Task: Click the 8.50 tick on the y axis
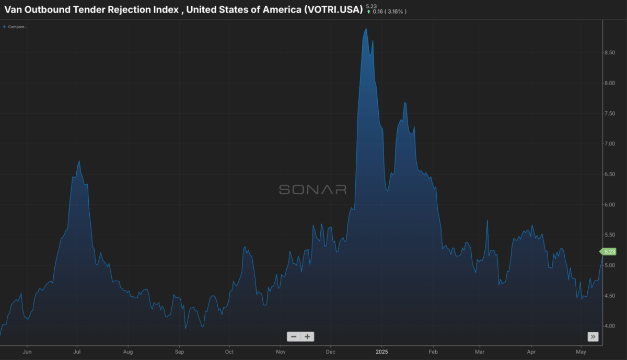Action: tap(610, 53)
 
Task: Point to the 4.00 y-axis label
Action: tap(610, 326)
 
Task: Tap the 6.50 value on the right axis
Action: tap(610, 174)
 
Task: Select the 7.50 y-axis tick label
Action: tap(610, 113)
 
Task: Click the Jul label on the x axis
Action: tap(77, 352)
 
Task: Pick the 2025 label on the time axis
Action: tap(382, 352)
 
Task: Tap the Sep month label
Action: tap(179, 352)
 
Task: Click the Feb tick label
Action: tap(433, 352)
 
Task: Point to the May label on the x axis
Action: tap(581, 352)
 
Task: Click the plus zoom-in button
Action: tap(307, 336)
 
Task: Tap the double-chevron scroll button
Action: tap(593, 336)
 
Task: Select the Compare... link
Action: tap(15, 27)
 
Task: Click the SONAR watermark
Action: tap(312, 190)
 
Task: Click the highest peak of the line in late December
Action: tap(366, 29)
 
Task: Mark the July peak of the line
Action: tap(79, 161)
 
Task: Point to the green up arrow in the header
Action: tap(369, 12)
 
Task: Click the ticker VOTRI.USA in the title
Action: tap(333, 9)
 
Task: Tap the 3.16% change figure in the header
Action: tap(395, 12)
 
